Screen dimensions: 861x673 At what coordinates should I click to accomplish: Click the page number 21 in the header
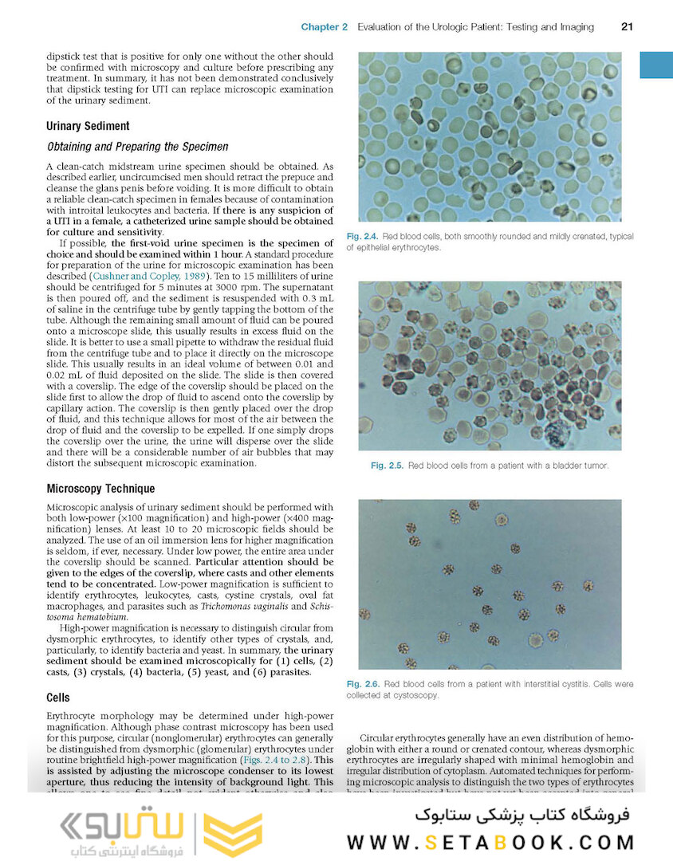point(627,27)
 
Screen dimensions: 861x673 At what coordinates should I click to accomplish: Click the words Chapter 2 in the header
point(324,27)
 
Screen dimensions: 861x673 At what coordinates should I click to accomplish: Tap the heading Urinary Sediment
point(88,126)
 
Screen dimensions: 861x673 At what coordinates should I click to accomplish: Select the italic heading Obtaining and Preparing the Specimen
point(138,147)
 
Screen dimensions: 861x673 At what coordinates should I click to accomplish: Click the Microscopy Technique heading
point(100,489)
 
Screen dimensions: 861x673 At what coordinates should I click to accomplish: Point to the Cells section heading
point(58,698)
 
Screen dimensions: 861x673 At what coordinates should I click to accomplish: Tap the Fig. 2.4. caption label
point(362,237)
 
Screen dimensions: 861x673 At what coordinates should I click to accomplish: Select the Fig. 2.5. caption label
point(387,466)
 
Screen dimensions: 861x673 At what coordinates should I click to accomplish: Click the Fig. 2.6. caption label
point(362,684)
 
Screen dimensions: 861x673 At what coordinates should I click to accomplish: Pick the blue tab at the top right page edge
point(656,65)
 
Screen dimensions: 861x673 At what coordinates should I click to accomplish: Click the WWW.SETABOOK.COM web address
point(490,842)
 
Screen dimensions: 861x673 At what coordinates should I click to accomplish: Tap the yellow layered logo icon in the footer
point(232,835)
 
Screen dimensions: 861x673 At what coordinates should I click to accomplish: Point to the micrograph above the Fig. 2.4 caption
point(490,137)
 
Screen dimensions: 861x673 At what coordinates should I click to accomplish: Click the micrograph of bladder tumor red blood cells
point(490,365)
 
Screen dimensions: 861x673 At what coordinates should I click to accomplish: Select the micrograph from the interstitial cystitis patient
point(490,584)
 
